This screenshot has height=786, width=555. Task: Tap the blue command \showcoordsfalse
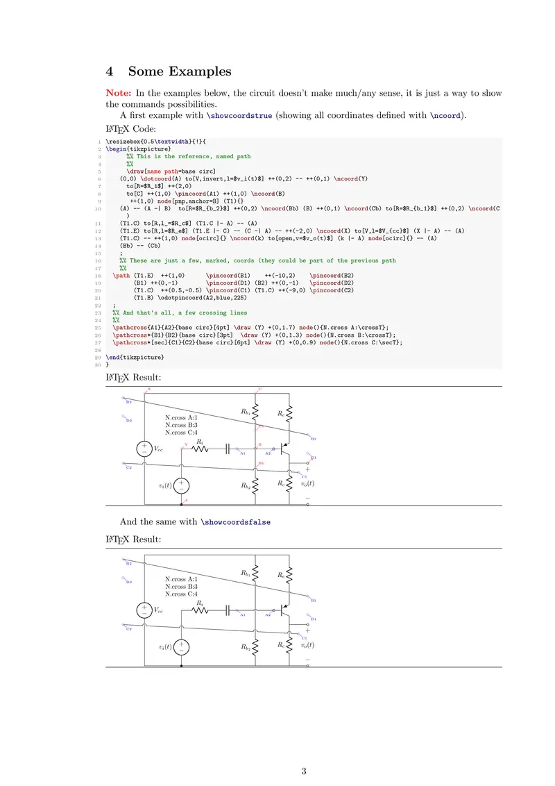tap(235, 521)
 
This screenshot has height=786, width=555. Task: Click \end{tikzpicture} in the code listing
tap(135, 357)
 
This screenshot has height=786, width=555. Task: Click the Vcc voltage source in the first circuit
tap(144, 448)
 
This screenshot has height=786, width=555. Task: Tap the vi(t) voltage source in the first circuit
tap(181, 485)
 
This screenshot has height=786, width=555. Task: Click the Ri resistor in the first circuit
tap(200, 449)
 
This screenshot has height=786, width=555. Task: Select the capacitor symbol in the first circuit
tap(228, 449)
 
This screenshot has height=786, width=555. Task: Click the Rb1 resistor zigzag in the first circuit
tap(256, 413)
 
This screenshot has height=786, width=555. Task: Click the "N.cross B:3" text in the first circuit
tap(181, 425)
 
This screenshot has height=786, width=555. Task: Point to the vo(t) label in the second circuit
tap(307, 645)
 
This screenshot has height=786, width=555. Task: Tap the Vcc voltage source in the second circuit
tap(144, 610)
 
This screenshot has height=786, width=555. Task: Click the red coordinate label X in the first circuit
tap(148, 390)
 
